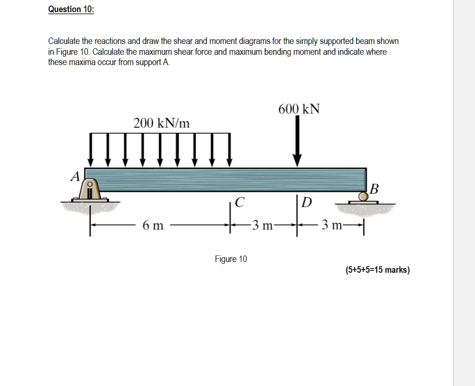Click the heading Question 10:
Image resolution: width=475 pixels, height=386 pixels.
click(71, 10)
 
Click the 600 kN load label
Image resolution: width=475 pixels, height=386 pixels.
click(299, 109)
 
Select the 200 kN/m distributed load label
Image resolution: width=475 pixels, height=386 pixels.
click(161, 124)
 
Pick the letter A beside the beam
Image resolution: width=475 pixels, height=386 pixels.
click(74, 176)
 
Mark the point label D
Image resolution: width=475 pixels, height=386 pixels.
click(307, 203)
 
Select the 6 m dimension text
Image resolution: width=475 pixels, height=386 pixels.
click(153, 226)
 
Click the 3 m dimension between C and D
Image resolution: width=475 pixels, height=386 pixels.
click(262, 226)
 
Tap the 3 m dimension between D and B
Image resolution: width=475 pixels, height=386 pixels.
click(331, 226)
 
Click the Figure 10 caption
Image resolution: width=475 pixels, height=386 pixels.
click(231, 259)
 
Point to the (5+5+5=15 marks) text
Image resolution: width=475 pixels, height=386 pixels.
click(377, 270)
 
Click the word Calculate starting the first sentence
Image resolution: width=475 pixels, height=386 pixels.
click(64, 41)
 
